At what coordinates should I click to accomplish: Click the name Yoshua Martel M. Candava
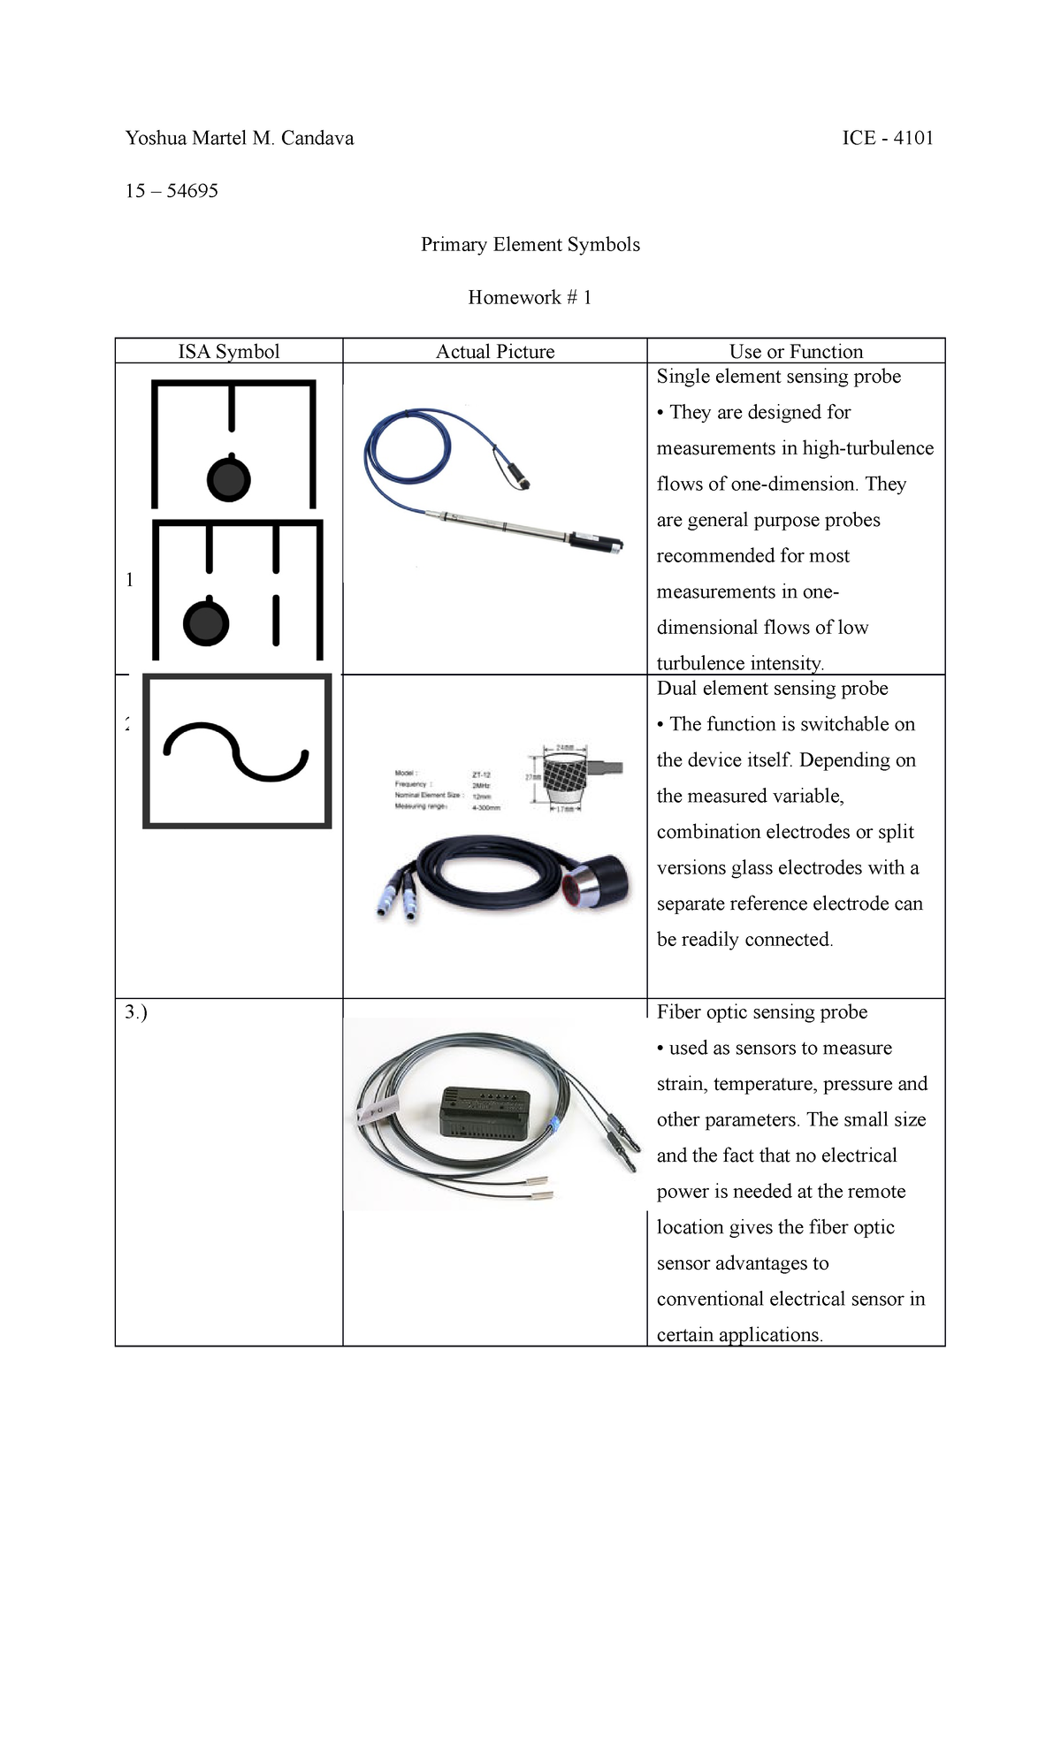240,138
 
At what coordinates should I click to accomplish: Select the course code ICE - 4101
888,138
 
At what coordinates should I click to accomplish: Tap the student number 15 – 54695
172,191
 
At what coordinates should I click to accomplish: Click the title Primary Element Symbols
530,245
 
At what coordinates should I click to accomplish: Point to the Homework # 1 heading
530,298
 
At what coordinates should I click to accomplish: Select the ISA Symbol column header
229,352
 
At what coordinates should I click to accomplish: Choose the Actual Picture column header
495,352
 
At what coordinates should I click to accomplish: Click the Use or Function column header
796,352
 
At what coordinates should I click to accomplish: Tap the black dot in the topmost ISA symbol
229,479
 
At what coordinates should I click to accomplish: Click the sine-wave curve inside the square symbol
236,752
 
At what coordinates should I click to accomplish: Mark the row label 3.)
136,1012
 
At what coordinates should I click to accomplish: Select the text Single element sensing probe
778,377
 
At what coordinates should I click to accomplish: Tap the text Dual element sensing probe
772,689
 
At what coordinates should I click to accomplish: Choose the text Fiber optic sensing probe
761,1012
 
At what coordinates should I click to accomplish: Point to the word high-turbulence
867,448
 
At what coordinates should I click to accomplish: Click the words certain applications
739,1335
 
